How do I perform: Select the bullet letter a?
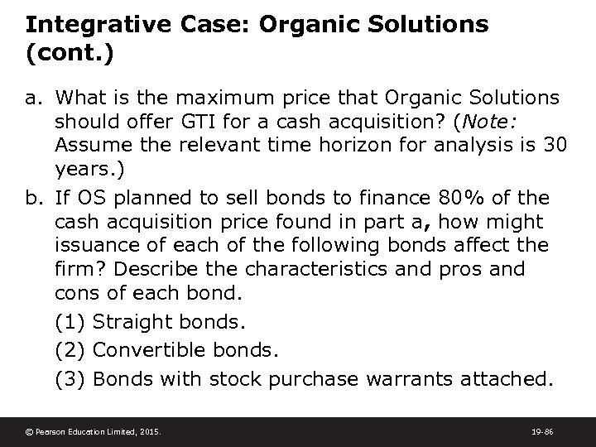tap(34, 99)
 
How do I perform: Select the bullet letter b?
tap(34, 197)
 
